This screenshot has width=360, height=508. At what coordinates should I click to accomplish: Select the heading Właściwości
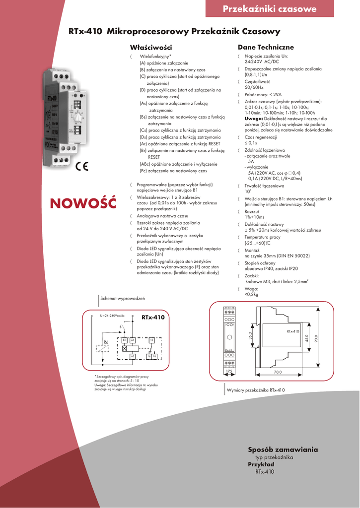[147, 47]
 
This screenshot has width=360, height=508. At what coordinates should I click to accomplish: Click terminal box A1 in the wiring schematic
[133, 340]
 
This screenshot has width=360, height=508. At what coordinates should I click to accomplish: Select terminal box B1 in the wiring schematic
[125, 340]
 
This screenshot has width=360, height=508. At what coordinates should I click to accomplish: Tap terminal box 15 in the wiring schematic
[152, 340]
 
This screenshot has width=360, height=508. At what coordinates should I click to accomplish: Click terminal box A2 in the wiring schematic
[133, 356]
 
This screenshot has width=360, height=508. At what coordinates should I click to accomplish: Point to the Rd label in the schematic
[106, 342]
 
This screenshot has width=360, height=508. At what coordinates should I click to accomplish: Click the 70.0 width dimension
[278, 372]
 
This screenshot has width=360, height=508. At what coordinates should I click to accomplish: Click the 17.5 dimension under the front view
[229, 372]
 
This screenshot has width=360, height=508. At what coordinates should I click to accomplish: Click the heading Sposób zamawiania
[283, 449]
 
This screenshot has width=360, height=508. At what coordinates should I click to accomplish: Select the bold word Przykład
[261, 464]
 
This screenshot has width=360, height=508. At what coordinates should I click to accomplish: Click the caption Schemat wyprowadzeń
[122, 299]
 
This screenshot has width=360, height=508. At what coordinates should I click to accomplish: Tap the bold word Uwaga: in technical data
[254, 119]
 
